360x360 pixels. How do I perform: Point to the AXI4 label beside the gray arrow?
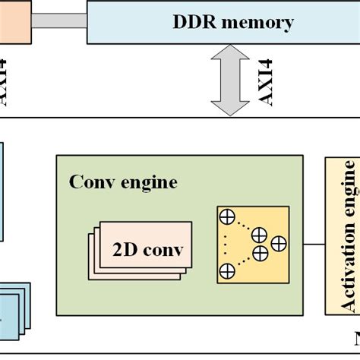click(x=268, y=81)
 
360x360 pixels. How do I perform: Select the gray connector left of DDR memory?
click(x=59, y=21)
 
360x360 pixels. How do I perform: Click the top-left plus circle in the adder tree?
click(x=226, y=217)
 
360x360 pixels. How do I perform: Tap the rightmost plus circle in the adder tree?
click(x=279, y=244)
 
